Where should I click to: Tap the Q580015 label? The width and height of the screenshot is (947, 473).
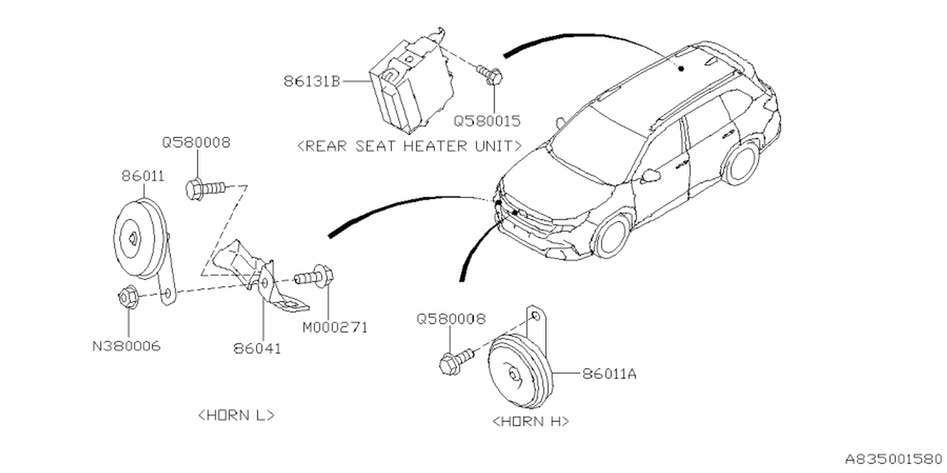tap(487, 119)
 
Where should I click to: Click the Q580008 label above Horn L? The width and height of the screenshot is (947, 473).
tap(196, 142)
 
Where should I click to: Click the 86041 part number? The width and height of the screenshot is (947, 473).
tap(257, 348)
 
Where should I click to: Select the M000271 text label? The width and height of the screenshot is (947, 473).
tap(334, 326)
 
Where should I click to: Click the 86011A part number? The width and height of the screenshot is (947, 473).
tap(609, 374)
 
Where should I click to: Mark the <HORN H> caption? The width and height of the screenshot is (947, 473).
tap(530, 421)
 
